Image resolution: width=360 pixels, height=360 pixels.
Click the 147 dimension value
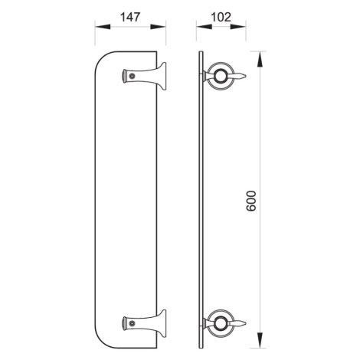coord(130,18)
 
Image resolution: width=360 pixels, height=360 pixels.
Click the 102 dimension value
coord(221,18)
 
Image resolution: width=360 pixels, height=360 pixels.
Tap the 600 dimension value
coord(251,201)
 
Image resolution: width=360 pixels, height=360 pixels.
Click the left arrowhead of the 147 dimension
coord(103,27)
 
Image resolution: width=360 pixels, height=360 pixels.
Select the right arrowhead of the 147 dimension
coord(159,27)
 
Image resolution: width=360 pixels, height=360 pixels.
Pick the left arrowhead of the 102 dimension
coord(205,27)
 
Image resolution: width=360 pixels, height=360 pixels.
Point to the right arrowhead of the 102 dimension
coord(238,27)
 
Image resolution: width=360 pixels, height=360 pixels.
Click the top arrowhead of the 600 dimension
coord(260,59)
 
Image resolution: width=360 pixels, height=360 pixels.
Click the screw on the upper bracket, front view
coord(132,76)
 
